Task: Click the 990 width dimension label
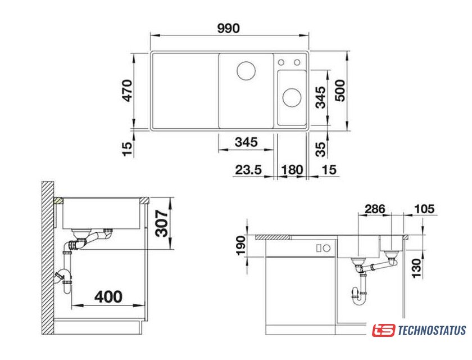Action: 229,28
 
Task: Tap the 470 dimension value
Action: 127,91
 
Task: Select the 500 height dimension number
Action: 340,91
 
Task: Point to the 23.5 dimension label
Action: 248,170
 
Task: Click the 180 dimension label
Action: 292,170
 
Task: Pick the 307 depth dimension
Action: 162,223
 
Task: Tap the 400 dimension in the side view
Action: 108,297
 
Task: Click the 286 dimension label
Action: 375,209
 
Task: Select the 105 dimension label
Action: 424,209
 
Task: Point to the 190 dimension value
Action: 241,246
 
